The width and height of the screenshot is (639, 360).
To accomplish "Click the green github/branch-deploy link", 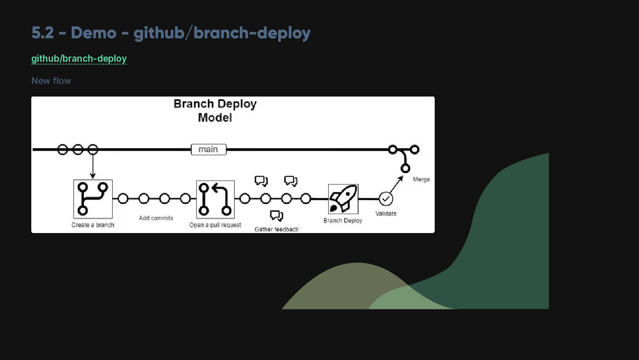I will pos(79,59).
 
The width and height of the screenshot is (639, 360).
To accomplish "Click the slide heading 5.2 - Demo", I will pos(170,33).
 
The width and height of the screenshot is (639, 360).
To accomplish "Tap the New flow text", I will pos(51,81).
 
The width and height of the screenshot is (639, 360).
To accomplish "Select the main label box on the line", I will pos(209,150).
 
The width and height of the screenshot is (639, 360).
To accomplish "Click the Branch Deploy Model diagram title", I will pos(215,110).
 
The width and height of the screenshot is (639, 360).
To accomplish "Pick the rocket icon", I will pos(343,199).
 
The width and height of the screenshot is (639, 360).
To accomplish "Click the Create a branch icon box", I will pos(93,199).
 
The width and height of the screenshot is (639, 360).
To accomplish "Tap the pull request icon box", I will pos(215,199).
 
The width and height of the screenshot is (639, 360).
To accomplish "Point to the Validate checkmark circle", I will pos(386,199).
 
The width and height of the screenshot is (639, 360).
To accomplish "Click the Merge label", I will pos(421,179).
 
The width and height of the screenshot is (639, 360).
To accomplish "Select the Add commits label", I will pos(156,218).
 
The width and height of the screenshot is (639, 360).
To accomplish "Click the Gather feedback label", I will pos(276,229).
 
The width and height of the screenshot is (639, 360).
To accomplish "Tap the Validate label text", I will pos(386,213).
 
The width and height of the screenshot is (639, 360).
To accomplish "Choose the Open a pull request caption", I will pos(215,225).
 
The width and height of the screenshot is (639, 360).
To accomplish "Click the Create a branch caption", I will pos(93,225).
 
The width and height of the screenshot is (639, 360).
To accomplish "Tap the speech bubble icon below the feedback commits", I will pos(276,216).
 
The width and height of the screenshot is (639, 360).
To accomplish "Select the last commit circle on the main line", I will pos(415,150).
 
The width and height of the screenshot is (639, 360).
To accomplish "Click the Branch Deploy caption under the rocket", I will pos(343,220).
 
